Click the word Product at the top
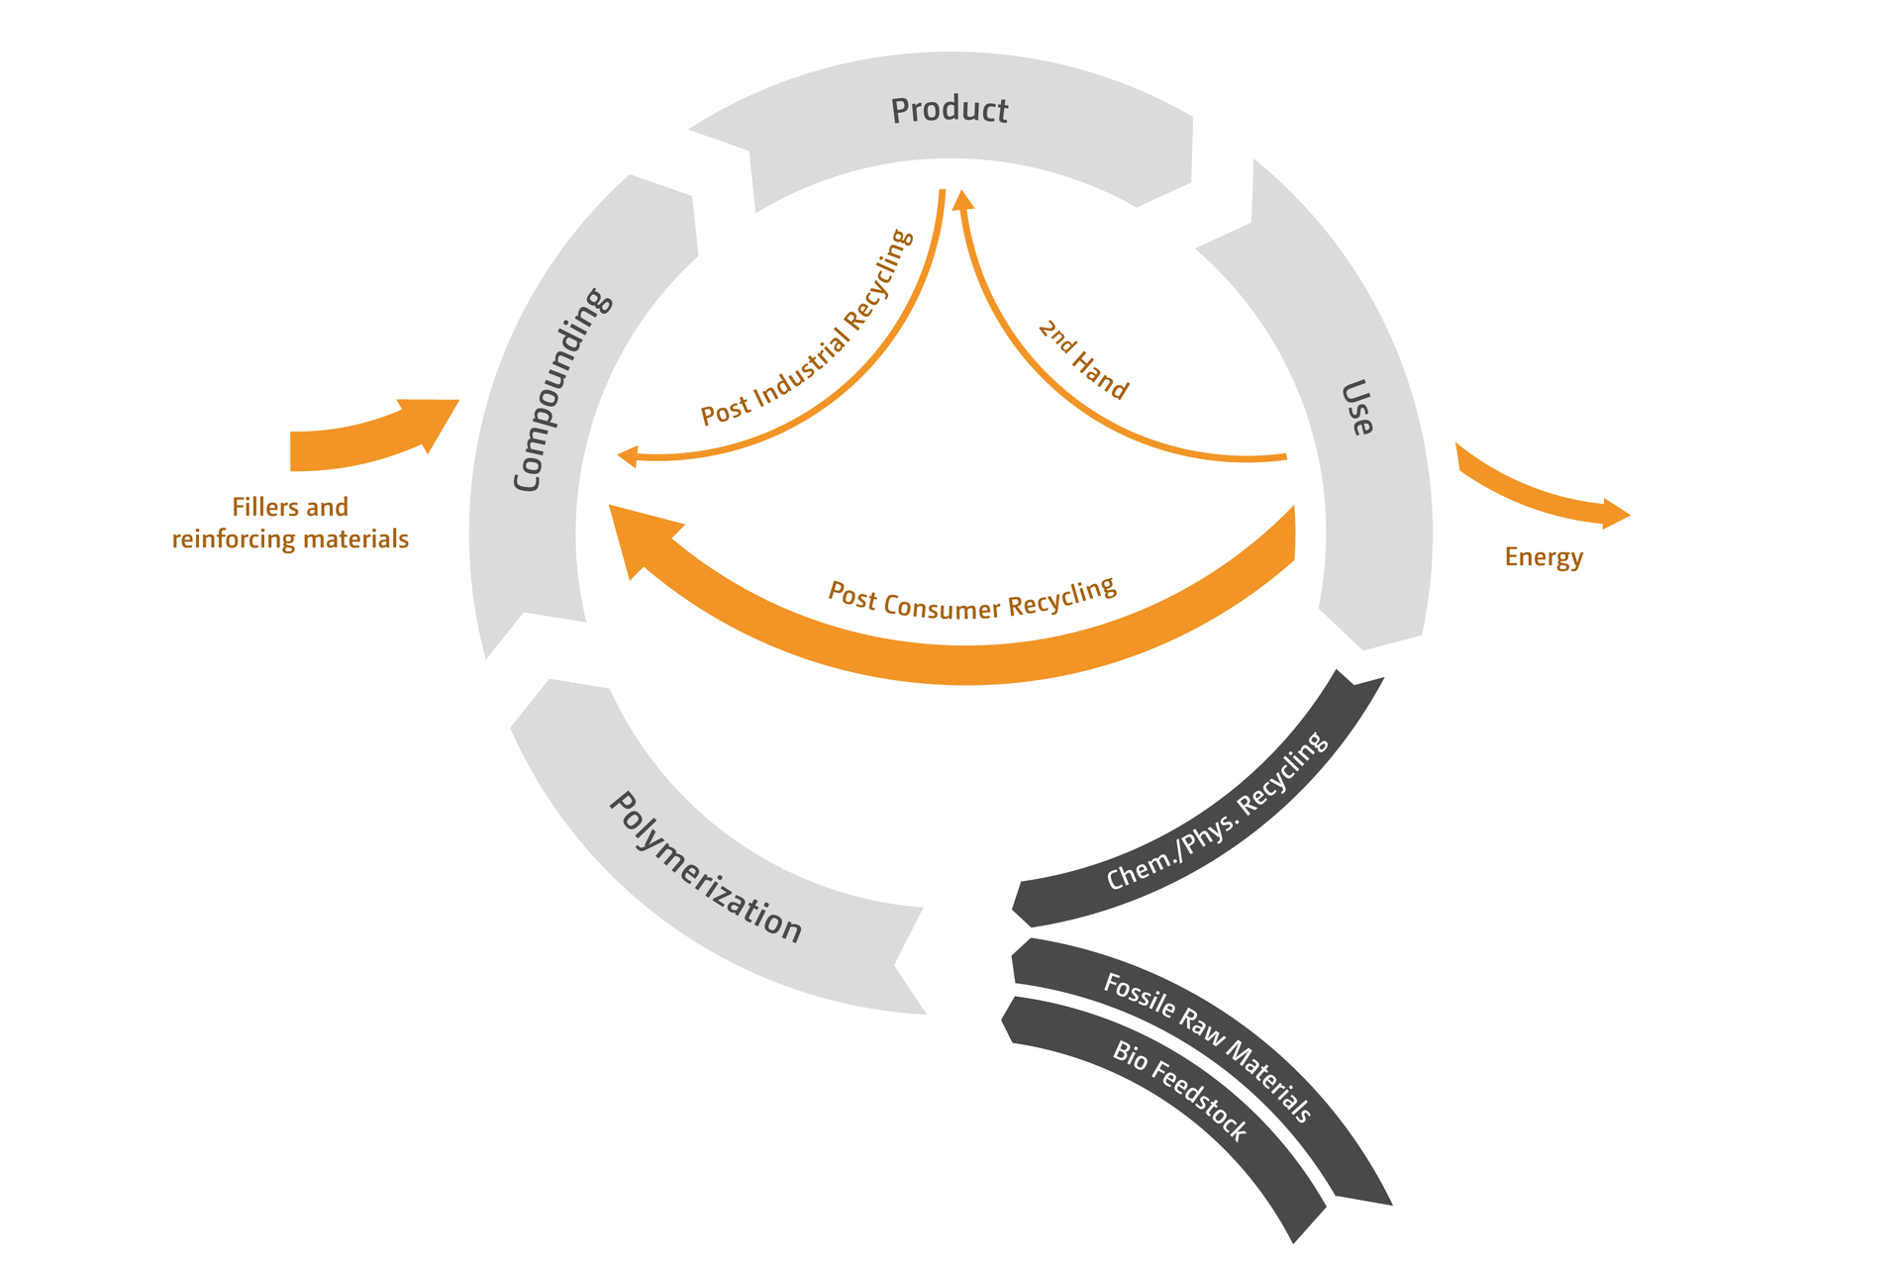pos(950,110)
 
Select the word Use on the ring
pos(1357,407)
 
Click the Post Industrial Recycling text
pos(807,328)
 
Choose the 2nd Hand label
pos(1083,359)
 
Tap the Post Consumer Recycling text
pos(972,599)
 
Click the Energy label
pos(1544,557)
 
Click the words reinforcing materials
pos(290,539)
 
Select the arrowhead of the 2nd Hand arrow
pos(962,200)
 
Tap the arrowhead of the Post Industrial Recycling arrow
pos(628,456)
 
